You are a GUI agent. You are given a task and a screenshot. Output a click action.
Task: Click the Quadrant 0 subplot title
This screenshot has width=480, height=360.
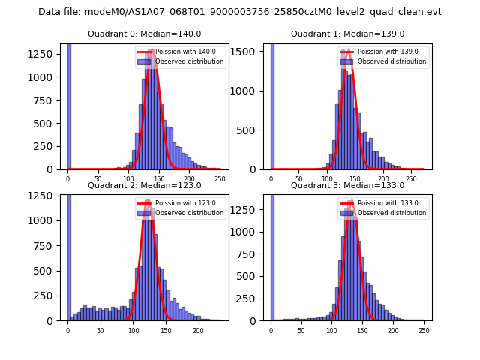tap(145, 34)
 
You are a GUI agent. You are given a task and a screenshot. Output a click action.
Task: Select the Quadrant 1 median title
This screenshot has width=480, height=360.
tap(348, 34)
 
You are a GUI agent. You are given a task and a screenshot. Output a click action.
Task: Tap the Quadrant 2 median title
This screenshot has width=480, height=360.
tap(145, 185)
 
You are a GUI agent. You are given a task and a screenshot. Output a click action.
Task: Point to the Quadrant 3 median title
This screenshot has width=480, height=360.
tap(348, 185)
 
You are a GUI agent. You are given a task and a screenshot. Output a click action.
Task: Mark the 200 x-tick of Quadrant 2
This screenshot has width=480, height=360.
tap(198, 330)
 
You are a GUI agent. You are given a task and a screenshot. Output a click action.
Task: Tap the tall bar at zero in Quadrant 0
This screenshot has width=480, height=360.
tap(69, 105)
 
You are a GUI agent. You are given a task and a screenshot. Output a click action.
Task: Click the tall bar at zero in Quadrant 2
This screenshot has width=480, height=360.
tap(69, 255)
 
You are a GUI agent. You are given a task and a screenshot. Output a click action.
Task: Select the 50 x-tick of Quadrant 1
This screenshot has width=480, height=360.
tap(299, 178)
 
